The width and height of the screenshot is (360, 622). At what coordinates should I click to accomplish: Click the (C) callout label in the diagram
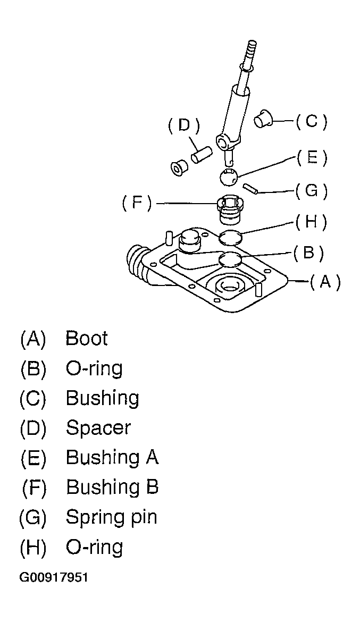click(x=312, y=122)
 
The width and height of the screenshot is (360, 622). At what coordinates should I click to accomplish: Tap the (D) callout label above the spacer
click(x=183, y=125)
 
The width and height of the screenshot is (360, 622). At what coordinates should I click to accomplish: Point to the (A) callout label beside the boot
click(x=325, y=282)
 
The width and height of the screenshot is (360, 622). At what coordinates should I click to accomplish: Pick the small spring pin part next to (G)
click(x=251, y=188)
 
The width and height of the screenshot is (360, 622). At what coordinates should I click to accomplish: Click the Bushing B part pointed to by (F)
click(x=230, y=211)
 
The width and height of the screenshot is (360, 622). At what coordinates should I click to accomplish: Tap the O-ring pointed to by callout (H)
click(x=230, y=238)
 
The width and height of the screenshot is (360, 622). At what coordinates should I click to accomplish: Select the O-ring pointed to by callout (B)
click(x=230, y=259)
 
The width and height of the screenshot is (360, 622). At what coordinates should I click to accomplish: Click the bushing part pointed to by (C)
click(x=263, y=119)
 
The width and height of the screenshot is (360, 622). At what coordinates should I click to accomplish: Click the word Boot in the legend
click(x=87, y=338)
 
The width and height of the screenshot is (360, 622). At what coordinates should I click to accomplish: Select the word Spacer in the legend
click(x=98, y=427)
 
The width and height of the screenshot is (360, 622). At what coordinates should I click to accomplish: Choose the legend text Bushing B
click(x=112, y=487)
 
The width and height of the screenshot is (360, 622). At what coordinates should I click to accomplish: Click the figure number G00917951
click(x=54, y=577)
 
